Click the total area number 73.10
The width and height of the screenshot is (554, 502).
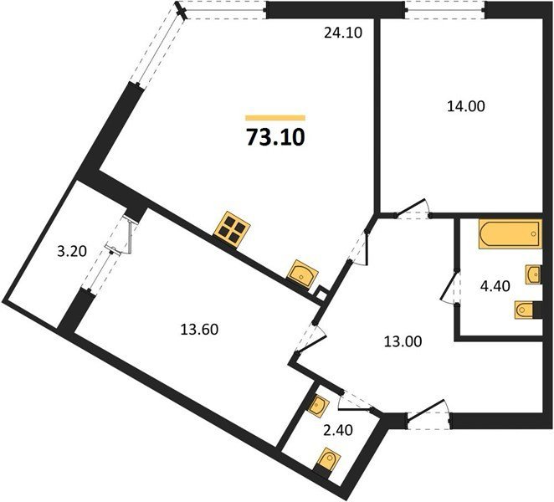point(275,137)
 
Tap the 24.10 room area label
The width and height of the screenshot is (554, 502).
point(343,33)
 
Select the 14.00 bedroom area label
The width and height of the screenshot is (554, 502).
point(466,106)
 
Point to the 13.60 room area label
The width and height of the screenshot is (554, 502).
point(199,330)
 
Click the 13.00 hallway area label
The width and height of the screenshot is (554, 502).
point(403,341)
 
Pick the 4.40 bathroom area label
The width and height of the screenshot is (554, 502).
point(495,286)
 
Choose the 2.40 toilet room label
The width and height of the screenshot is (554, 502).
point(338,430)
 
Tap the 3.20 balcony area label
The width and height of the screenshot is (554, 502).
point(72,252)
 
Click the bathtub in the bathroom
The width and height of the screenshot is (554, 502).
point(510,234)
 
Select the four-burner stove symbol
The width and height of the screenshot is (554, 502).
point(232,228)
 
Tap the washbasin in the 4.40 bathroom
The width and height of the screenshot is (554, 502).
point(534,274)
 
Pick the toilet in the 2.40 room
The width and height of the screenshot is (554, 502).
point(328,461)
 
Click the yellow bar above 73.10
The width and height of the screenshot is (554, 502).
point(275,118)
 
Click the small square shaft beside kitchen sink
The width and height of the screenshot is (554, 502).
point(321,294)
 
